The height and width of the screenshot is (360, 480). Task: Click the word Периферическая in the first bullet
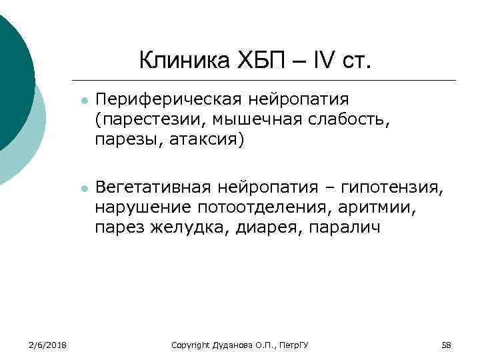tap(168, 99)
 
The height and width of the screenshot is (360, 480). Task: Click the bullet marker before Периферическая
tap(82, 101)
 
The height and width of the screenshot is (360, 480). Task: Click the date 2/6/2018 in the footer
tap(49, 345)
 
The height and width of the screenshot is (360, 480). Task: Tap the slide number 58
tap(447, 345)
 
